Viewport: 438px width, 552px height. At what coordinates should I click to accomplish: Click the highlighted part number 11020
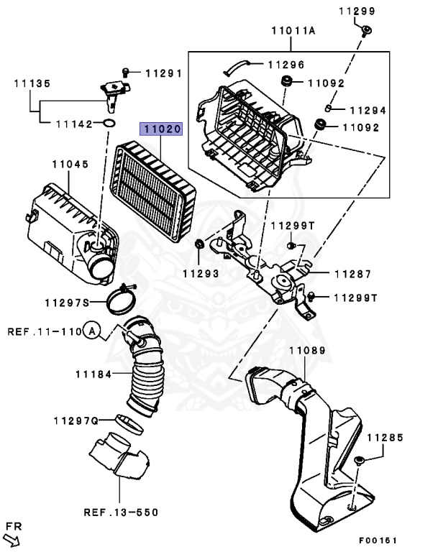tap(161, 130)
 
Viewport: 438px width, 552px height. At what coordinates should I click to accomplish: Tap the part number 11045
tap(70, 164)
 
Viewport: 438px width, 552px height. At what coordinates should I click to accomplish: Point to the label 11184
tap(94, 374)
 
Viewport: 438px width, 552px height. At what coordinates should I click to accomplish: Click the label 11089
tap(307, 351)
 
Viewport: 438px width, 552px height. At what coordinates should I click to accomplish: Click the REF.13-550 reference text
tap(120, 512)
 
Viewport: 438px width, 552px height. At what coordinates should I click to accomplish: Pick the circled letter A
tap(91, 331)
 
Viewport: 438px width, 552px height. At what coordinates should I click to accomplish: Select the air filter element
tap(157, 187)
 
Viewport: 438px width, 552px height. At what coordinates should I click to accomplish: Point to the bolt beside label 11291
tap(127, 72)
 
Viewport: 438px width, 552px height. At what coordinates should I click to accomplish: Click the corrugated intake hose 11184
tap(145, 374)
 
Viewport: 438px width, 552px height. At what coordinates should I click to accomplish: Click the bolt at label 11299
tap(366, 29)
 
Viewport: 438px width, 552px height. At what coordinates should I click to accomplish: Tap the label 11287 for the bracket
tap(352, 274)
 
